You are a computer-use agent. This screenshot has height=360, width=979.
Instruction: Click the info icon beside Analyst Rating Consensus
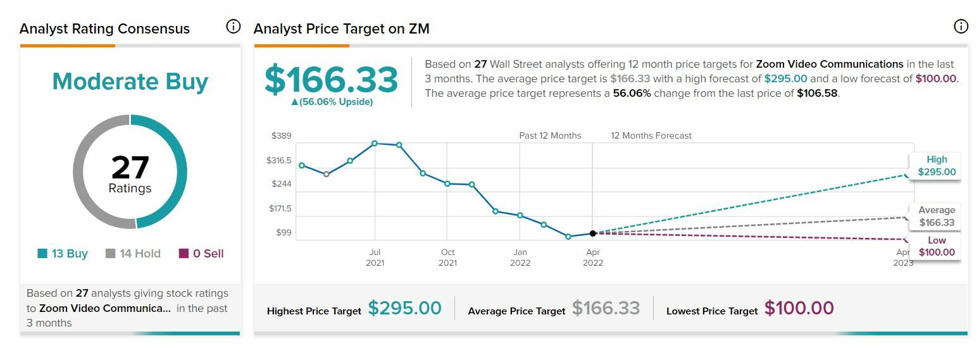[234, 27]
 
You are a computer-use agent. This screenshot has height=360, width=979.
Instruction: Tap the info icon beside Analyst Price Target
[961, 27]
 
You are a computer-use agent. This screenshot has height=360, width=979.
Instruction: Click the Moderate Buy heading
[130, 82]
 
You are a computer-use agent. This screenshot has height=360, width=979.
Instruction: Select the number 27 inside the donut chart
[130, 168]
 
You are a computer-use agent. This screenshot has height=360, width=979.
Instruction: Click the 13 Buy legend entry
[63, 254]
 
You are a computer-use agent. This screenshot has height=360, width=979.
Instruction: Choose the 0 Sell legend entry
[201, 254]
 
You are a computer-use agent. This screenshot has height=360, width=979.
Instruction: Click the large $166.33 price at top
[331, 80]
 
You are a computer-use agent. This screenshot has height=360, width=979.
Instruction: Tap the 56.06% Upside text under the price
[332, 102]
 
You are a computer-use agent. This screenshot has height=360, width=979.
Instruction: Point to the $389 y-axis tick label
[281, 136]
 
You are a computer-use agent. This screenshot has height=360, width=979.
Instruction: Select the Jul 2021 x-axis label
[375, 258]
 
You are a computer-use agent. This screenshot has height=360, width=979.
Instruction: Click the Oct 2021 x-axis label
[447, 258]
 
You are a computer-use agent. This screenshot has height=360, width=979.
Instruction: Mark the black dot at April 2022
[593, 233]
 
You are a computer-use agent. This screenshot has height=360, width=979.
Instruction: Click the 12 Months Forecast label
[651, 136]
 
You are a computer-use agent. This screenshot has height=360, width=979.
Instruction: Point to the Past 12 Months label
[550, 136]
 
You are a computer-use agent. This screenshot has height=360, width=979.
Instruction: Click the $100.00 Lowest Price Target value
[799, 309]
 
